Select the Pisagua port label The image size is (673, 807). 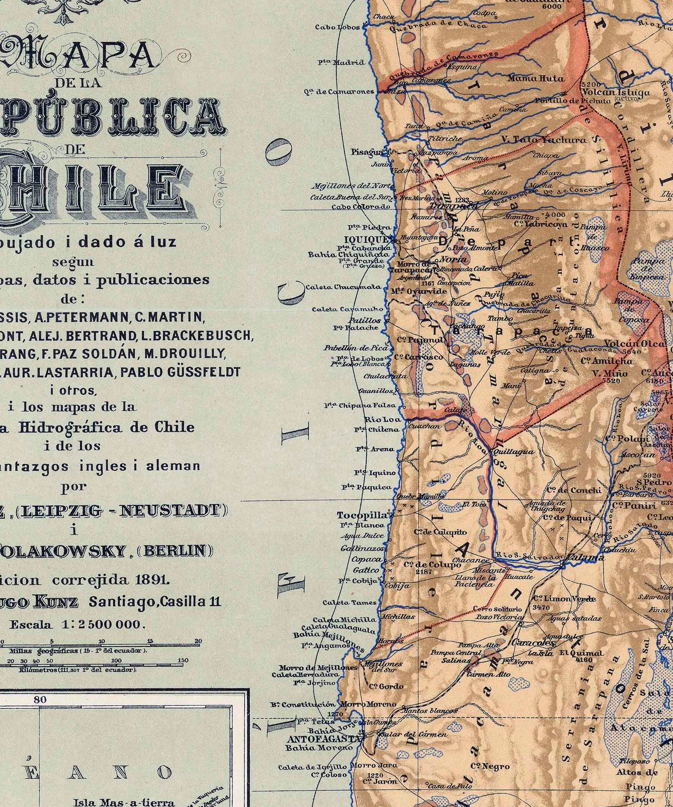click(x=367, y=152)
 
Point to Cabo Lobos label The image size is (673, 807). click(x=337, y=27)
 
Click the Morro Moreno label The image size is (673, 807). click(x=368, y=704)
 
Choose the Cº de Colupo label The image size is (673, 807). click(x=432, y=564)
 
